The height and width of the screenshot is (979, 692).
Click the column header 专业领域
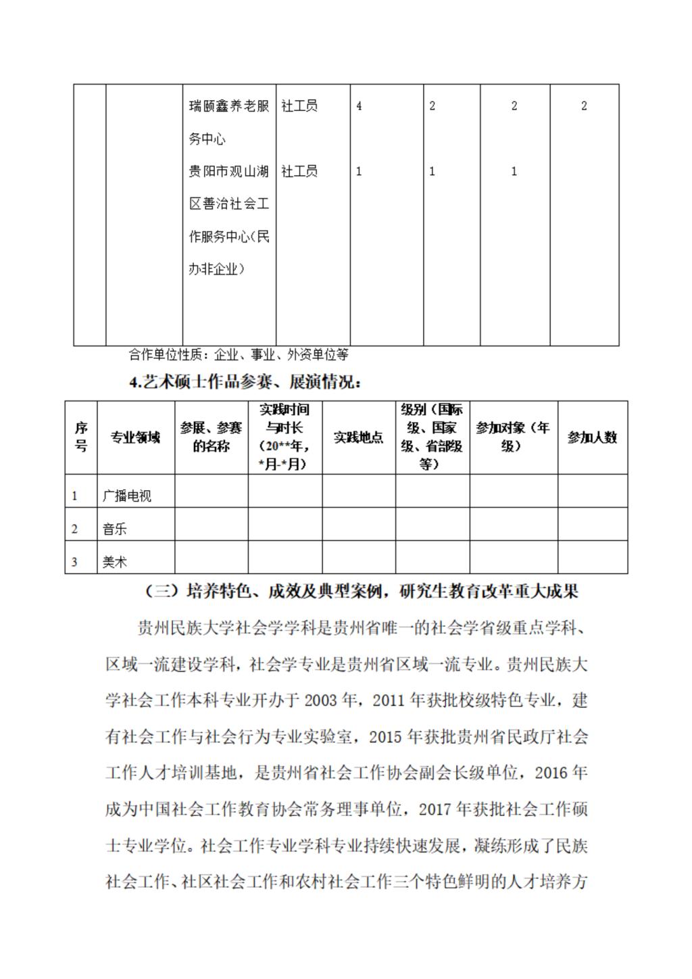coord(136,437)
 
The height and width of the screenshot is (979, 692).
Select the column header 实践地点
coord(358,437)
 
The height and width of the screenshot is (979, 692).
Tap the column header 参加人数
coord(592,437)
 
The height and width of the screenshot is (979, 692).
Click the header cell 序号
coord(81,437)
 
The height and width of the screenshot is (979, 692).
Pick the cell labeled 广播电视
coord(127,496)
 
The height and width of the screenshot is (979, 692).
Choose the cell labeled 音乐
coord(115,529)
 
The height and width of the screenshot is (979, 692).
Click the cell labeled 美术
coord(115,562)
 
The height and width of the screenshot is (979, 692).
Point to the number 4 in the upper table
coord(359,106)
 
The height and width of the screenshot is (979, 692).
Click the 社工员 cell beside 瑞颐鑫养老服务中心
coord(299,106)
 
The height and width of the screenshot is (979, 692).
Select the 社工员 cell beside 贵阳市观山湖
coord(299,172)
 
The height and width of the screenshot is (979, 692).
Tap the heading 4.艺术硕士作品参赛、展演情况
coord(245,383)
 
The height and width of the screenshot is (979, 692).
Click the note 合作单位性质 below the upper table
coord(239,354)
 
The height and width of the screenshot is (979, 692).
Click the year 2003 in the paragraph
coord(320,700)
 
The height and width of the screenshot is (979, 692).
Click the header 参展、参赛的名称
coord(211,437)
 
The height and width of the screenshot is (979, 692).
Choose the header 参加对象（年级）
coord(513,437)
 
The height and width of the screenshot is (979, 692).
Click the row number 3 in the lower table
coord(74,562)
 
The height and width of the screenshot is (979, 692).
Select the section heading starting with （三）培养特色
coord(362,592)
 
